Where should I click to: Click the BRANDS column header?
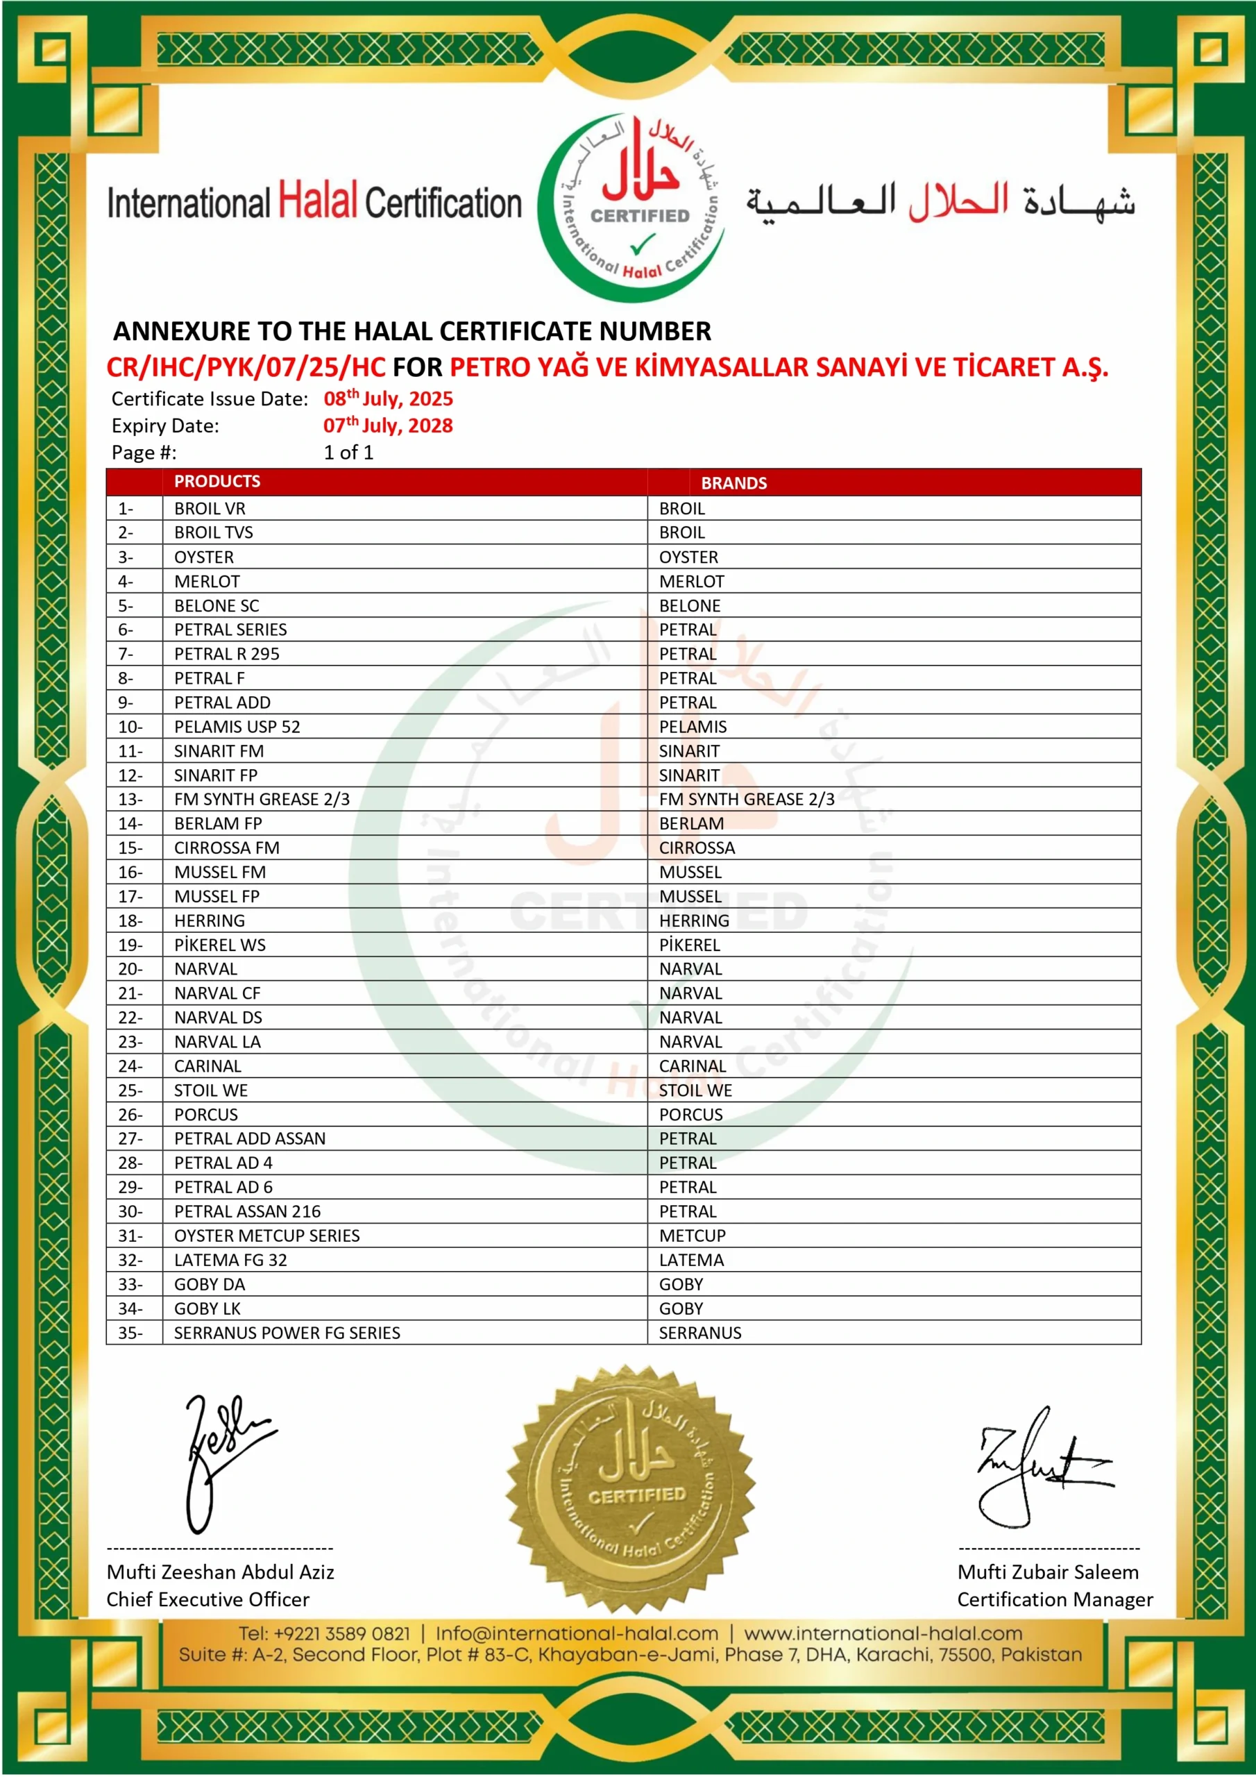coord(733,483)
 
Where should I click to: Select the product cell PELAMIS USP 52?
coord(237,726)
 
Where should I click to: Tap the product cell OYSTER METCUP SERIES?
coord(266,1236)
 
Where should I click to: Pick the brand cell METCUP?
coord(692,1236)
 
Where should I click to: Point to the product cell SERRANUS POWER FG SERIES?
coord(287,1332)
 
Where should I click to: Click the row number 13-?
coord(130,799)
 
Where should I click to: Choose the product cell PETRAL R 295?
coord(226,653)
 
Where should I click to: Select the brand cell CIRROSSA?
coord(697,848)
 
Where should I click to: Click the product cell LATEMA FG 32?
coord(230,1259)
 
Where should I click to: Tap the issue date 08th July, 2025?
coord(388,398)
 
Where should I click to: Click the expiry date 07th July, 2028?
coord(388,425)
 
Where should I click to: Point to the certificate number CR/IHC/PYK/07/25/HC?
coord(246,367)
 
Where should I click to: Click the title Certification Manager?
coord(1054,1599)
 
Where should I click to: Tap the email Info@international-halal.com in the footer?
coord(577,1633)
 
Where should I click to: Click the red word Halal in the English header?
coord(317,201)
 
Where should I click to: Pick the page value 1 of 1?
coord(348,452)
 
